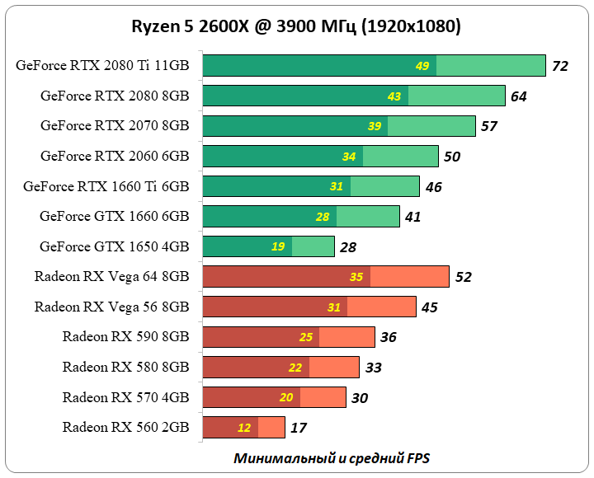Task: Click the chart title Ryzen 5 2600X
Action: click(296, 26)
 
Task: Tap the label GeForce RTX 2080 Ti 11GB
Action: click(102, 66)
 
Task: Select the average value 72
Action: click(560, 66)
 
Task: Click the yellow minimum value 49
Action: click(422, 66)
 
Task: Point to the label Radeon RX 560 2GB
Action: click(125, 427)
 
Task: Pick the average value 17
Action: click(299, 428)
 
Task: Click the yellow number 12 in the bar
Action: click(244, 428)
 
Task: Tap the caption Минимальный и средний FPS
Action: click(331, 457)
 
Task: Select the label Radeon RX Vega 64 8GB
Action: click(112, 276)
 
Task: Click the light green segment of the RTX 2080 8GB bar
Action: click(456, 96)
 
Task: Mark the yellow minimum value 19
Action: click(279, 246)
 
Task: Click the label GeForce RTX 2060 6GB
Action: click(115, 156)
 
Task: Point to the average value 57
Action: click(489, 126)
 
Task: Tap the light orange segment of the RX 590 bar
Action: click(346, 337)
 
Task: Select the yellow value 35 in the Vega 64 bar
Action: click(356, 277)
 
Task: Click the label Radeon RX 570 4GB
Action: click(125, 397)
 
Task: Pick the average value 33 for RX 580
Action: click(373, 368)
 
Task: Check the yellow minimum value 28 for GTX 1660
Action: click(323, 217)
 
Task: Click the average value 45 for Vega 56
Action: click(430, 307)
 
